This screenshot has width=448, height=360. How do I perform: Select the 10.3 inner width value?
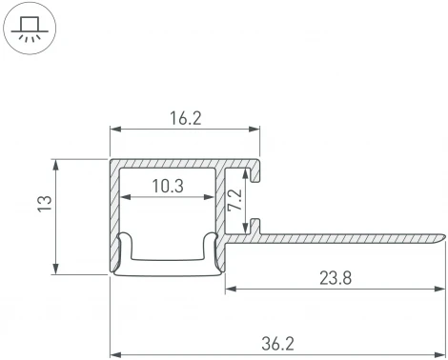tap(167, 187)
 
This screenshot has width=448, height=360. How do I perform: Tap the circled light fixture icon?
tap(30, 30)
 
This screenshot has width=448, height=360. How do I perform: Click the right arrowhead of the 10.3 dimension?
tap(212, 199)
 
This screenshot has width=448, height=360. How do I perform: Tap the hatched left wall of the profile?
tap(114, 210)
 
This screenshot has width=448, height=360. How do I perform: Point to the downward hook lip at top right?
tap(255, 172)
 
